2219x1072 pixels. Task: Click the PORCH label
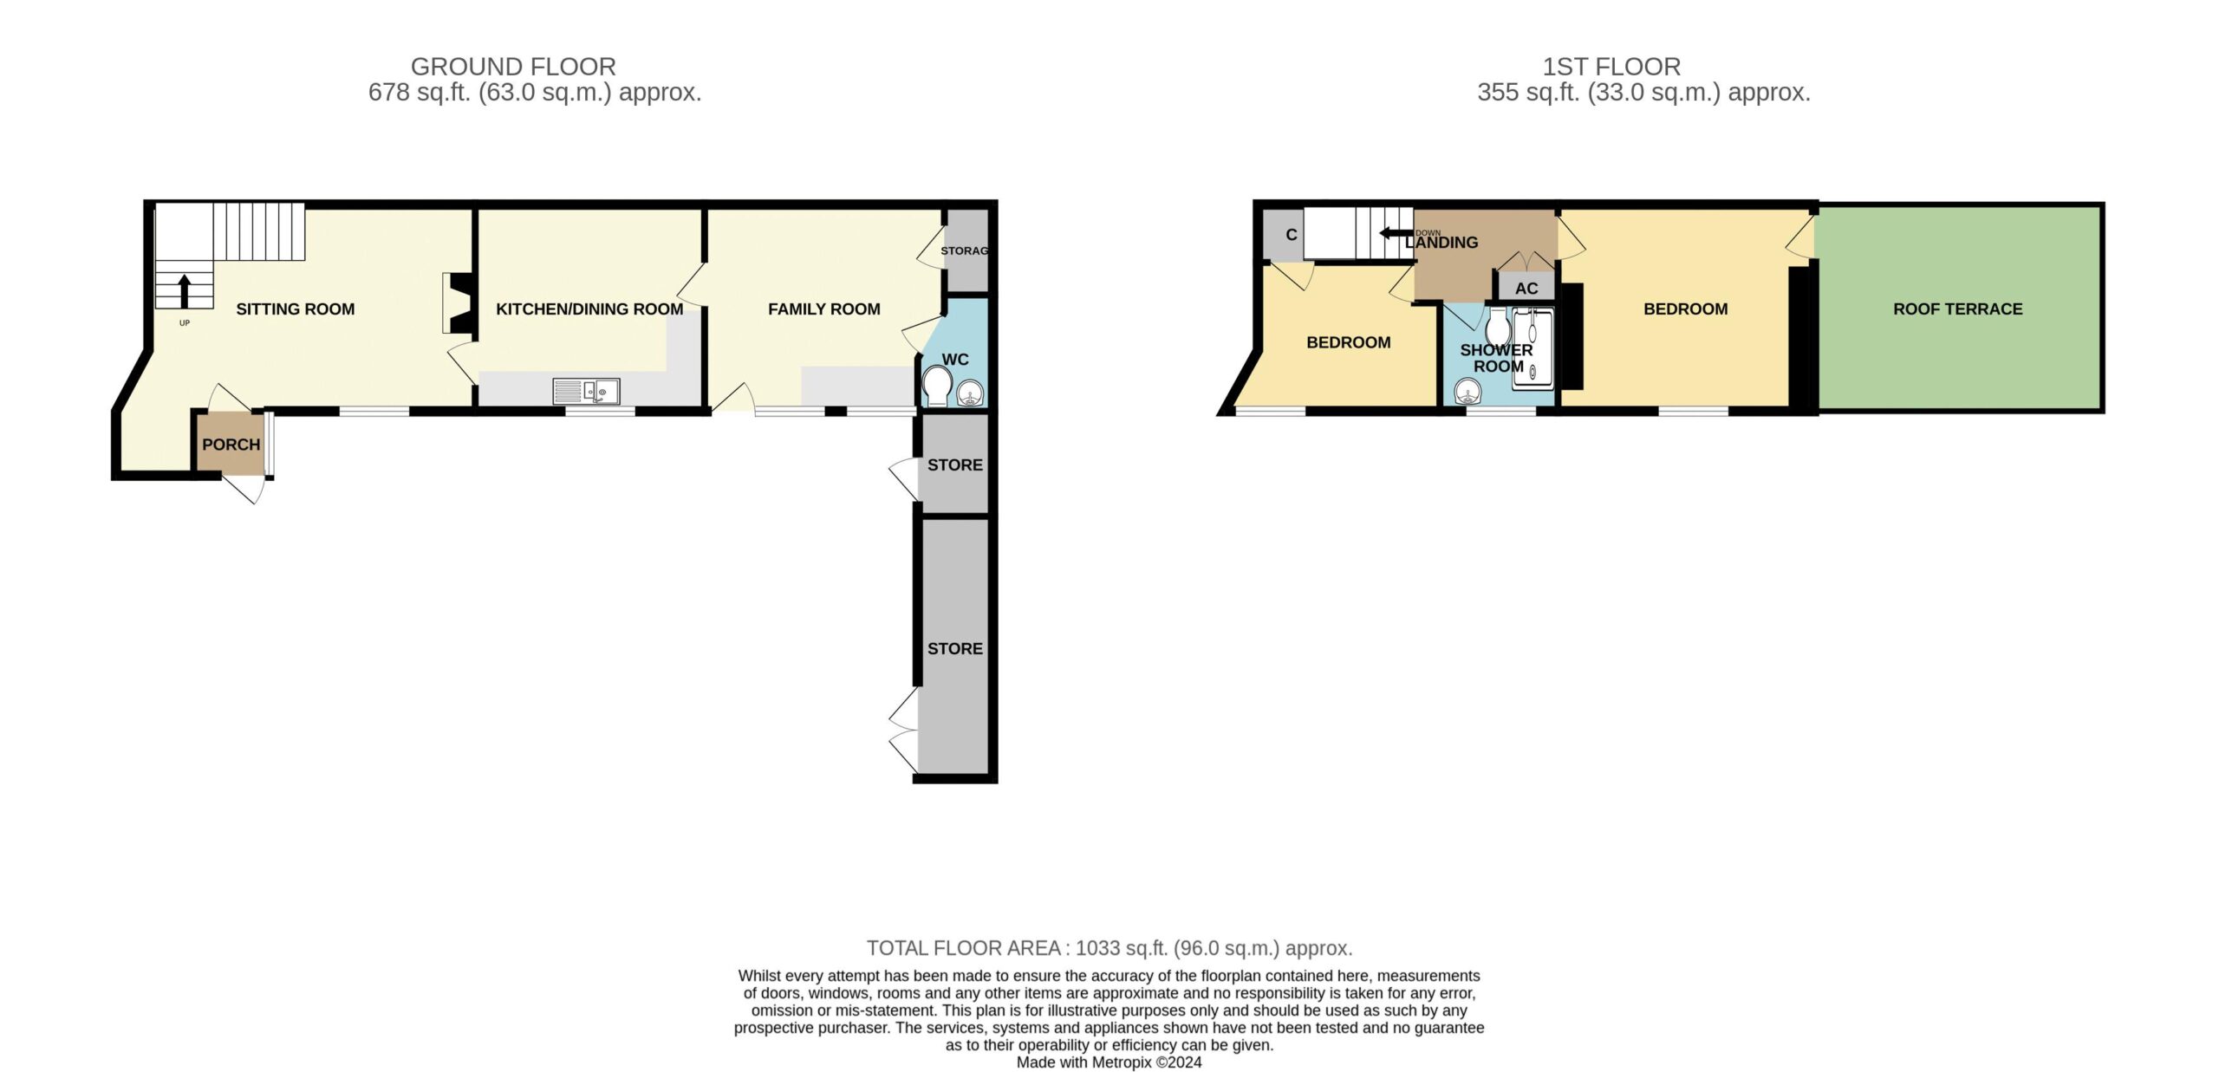coord(231,445)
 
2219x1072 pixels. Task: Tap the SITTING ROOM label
coord(296,309)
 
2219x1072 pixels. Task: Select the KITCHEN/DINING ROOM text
coord(589,309)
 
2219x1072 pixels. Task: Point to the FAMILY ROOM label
coord(824,309)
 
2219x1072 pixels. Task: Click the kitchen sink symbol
coord(587,392)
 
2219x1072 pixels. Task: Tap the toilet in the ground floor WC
coord(937,387)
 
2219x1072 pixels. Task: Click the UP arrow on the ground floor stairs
coord(184,291)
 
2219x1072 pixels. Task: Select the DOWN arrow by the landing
coord(1396,233)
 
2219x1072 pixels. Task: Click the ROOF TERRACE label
coord(1957,309)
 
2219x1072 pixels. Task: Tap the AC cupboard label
coord(1526,289)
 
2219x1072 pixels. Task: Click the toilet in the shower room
coord(1498,327)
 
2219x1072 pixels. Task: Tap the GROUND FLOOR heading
coord(513,67)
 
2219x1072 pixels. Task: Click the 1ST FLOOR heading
coord(1611,67)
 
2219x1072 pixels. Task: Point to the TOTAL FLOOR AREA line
coord(1109,948)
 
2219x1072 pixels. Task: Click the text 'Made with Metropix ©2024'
coord(1109,1062)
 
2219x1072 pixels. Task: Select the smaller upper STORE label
coord(955,465)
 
